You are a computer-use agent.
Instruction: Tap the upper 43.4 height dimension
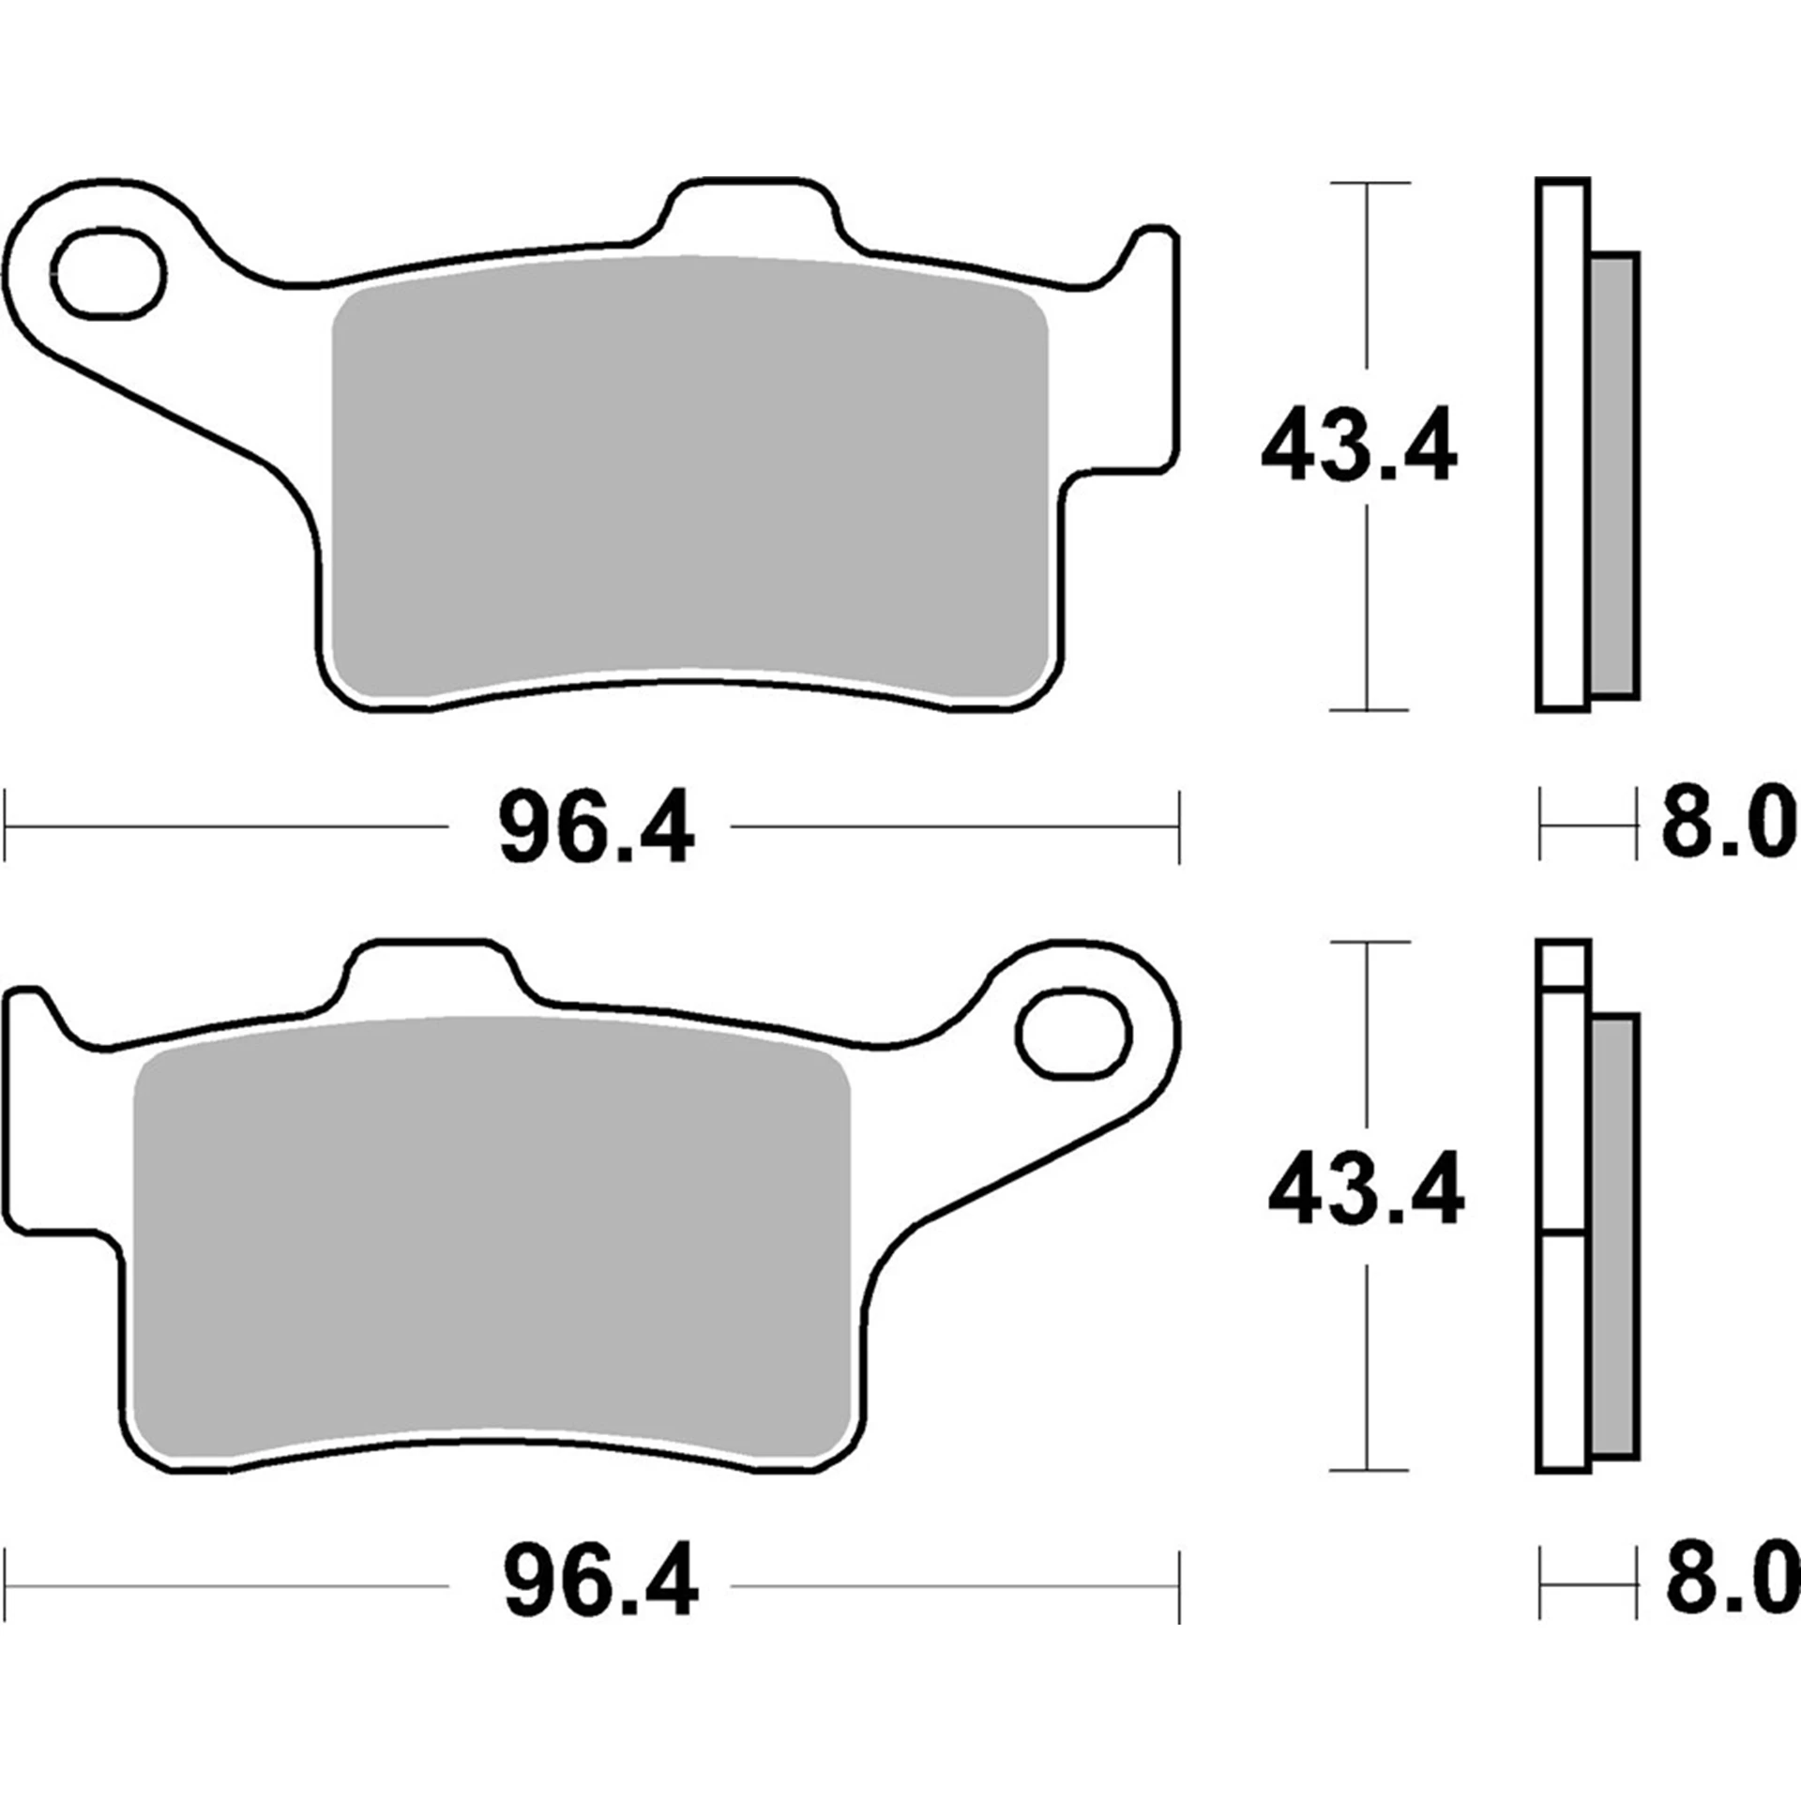click(x=1359, y=445)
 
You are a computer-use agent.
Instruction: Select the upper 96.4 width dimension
click(x=597, y=827)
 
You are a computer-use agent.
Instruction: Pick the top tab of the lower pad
click(x=431, y=971)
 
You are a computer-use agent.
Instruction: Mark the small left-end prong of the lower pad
click(x=25, y=1013)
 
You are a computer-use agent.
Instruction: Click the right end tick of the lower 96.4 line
click(x=1179, y=1586)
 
